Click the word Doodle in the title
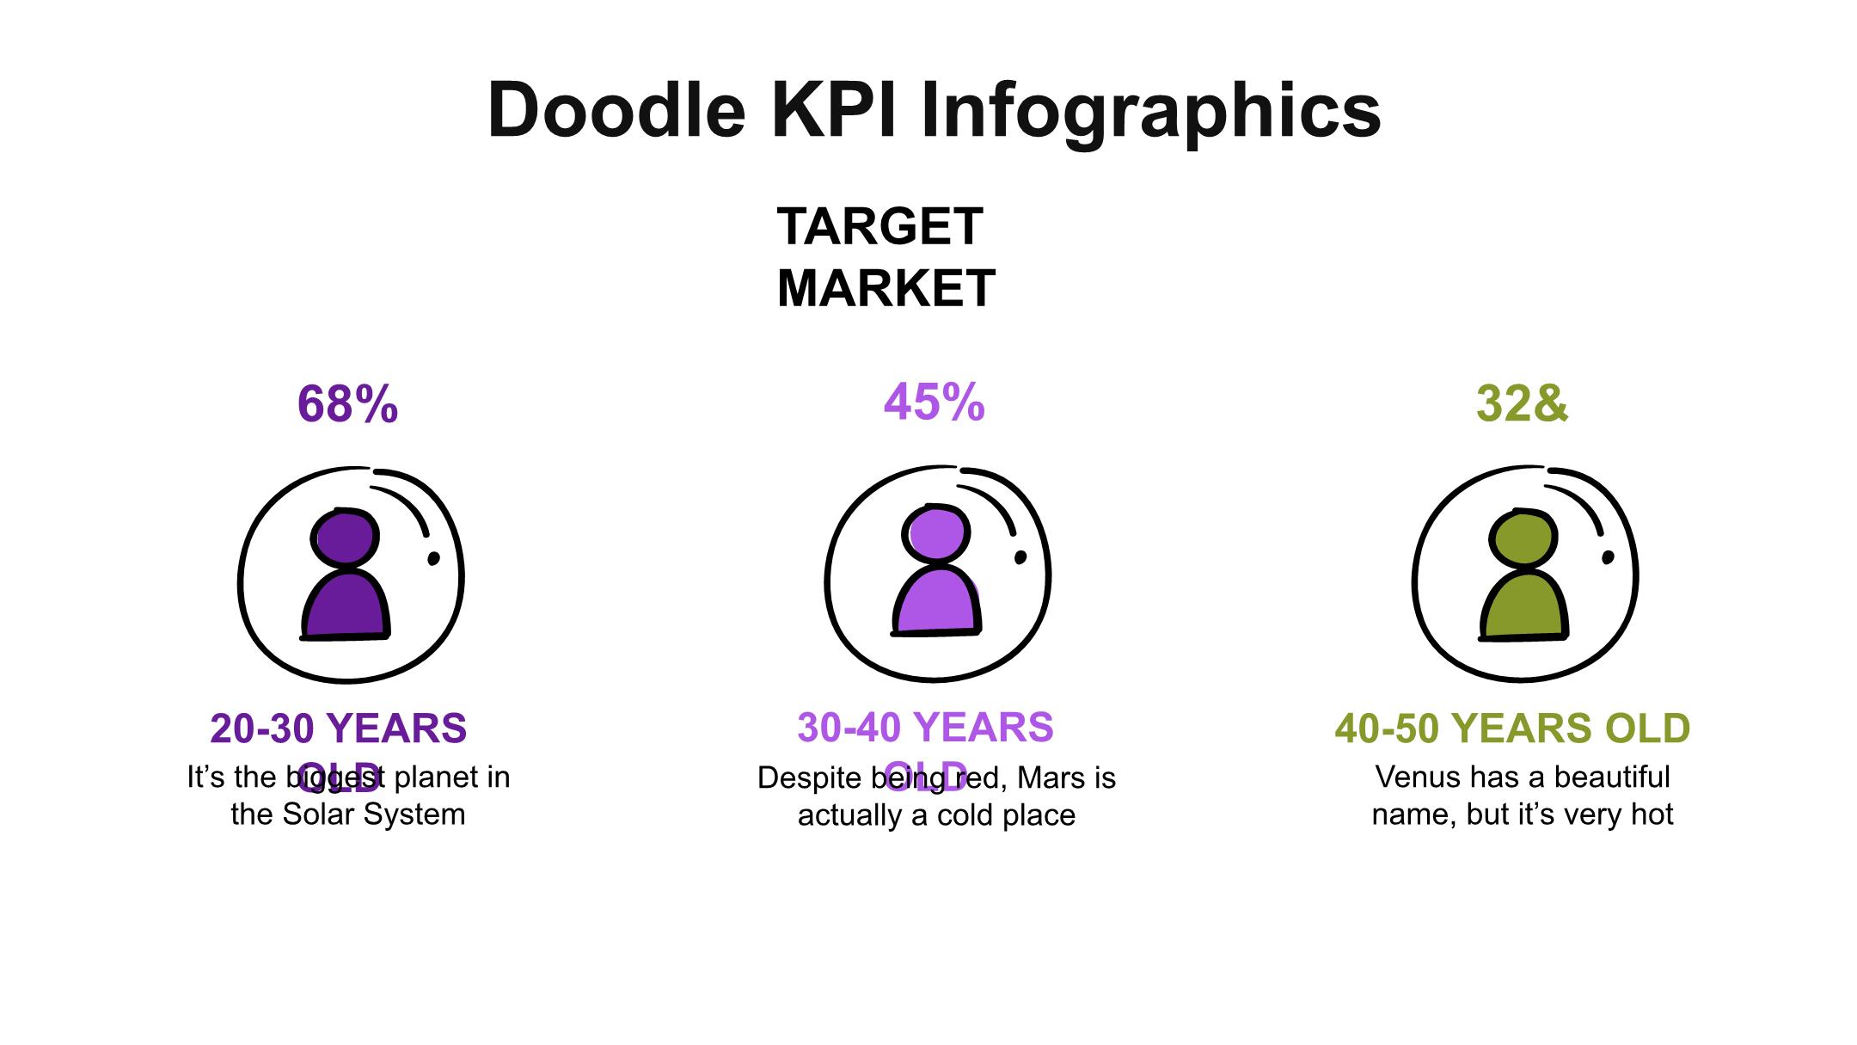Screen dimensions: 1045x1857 [616, 110]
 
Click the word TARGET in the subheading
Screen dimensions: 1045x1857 [879, 226]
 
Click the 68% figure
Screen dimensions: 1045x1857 [347, 403]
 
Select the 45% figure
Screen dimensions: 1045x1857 [934, 402]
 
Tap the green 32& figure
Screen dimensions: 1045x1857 [1522, 403]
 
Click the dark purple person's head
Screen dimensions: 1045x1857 [345, 538]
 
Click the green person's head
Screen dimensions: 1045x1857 [1523, 539]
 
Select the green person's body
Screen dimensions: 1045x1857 [1523, 605]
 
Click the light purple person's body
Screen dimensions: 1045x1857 [935, 601]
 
